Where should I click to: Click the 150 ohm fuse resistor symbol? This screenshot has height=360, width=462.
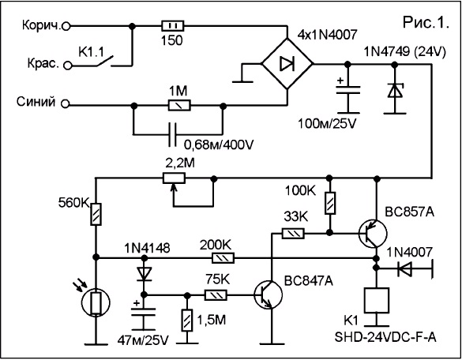pyautogui.click(x=173, y=26)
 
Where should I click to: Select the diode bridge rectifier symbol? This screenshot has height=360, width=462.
pyautogui.click(x=287, y=63)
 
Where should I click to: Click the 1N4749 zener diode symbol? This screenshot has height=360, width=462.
pyautogui.click(x=395, y=91)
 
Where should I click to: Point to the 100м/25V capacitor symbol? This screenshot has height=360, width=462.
pyautogui.click(x=348, y=89)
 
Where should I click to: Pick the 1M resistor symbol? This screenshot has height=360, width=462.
pyautogui.click(x=179, y=105)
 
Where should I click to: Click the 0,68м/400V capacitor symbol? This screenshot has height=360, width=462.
pyautogui.click(x=172, y=135)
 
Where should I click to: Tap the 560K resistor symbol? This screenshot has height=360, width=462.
pyautogui.click(x=96, y=214)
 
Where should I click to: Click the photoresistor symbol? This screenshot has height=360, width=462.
pyautogui.click(x=96, y=303)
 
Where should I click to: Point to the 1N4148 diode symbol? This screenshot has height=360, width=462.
pyautogui.click(x=144, y=273)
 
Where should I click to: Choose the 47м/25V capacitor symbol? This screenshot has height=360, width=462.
pyautogui.click(x=144, y=312)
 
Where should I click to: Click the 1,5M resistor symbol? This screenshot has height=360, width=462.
pyautogui.click(x=187, y=321)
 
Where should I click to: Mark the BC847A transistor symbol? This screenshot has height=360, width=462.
pyautogui.click(x=269, y=294)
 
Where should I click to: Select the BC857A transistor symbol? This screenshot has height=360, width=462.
pyautogui.click(x=373, y=234)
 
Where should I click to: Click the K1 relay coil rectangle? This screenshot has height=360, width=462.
pyautogui.click(x=376, y=300)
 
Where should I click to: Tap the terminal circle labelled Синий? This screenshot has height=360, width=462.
pyautogui.click(x=66, y=104)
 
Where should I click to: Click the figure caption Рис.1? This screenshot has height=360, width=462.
pyautogui.click(x=426, y=22)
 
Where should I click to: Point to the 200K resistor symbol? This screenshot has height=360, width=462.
pyautogui.click(x=223, y=258)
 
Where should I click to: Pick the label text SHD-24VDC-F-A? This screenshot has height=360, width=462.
pyautogui.click(x=385, y=337)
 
